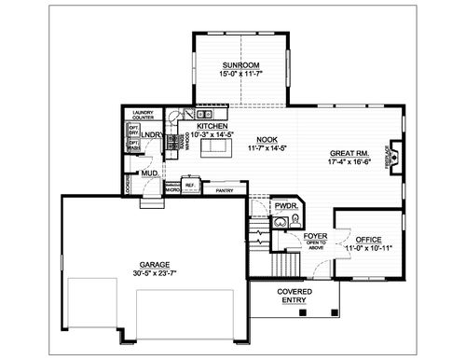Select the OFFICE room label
pos(368,240)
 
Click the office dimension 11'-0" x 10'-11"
pos(368,249)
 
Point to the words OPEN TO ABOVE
pos(317,244)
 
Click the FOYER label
pos(316,235)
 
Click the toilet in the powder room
pos(294,221)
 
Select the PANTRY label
pos(225,190)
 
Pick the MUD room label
pos(149,173)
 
